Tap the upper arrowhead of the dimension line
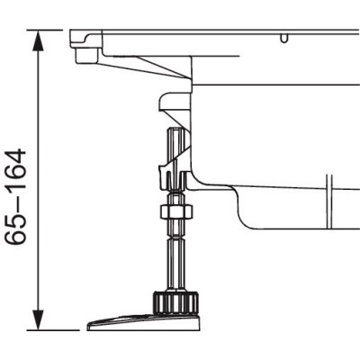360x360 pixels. coord(38,38)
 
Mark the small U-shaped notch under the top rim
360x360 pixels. coord(284,39)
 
